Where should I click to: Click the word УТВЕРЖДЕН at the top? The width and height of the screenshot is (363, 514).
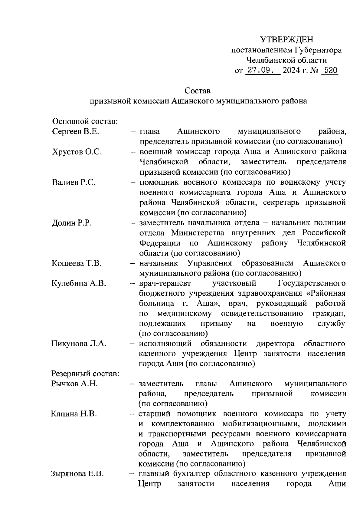click(287, 39)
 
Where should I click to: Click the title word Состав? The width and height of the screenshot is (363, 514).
click(198, 91)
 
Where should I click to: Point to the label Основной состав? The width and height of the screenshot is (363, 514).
click(85, 121)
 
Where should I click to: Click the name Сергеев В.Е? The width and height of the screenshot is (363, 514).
click(75, 132)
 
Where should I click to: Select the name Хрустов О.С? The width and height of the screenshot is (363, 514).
click(77, 152)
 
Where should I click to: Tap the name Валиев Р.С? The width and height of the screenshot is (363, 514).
click(74, 183)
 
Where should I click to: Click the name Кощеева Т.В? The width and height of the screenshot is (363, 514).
click(77, 263)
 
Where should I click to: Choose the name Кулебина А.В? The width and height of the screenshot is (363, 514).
click(79, 284)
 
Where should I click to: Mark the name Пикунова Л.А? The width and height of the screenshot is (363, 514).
click(79, 344)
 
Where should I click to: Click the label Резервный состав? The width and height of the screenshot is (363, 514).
click(85, 374)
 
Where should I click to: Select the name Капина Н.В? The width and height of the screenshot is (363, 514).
click(74, 414)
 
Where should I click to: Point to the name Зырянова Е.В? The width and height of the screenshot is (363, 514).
click(77, 474)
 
